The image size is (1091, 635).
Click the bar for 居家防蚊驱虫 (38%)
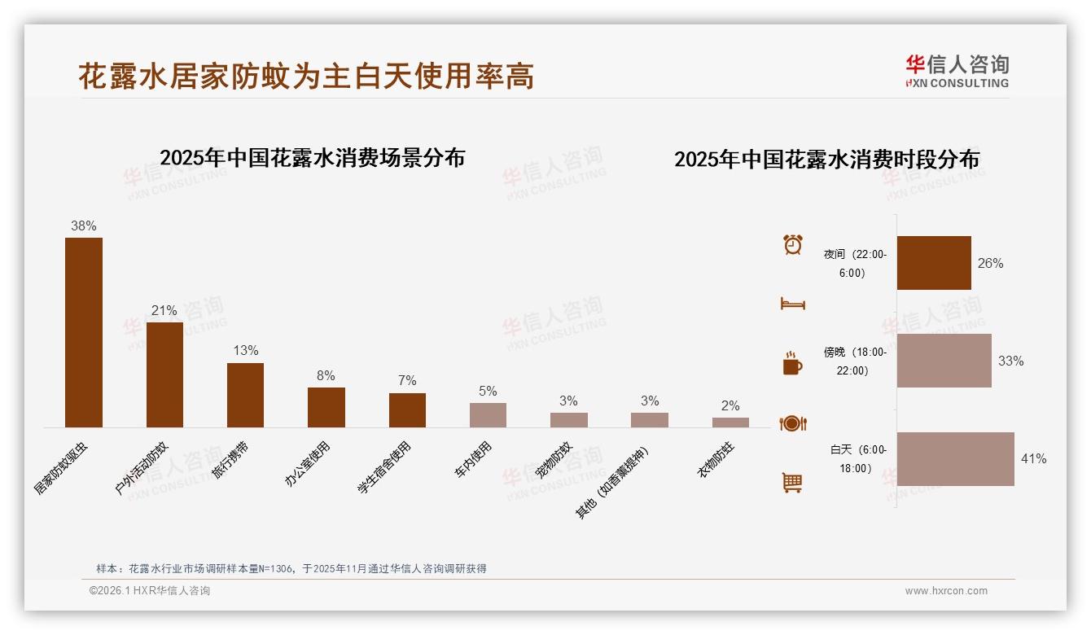(x=84, y=332)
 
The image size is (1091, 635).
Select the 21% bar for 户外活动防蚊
(x=164, y=374)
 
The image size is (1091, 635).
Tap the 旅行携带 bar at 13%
(x=245, y=395)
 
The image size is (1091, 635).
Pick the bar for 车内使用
(x=488, y=415)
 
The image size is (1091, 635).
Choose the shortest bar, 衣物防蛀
(x=730, y=423)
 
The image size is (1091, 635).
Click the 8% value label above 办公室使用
(x=326, y=375)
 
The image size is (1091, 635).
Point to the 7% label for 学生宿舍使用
(x=407, y=381)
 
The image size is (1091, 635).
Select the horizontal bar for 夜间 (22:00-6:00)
(x=934, y=263)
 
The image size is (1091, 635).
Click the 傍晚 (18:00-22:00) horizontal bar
(x=944, y=361)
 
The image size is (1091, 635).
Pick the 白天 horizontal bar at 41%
(x=955, y=459)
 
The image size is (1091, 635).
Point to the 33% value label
(x=1010, y=361)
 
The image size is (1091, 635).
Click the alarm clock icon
(x=792, y=244)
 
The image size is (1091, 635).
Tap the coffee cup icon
(x=792, y=364)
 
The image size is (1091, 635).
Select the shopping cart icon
(x=792, y=483)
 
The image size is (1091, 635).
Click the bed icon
(x=792, y=304)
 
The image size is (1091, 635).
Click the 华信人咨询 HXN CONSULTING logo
(x=957, y=72)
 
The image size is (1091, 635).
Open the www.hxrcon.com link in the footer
(x=946, y=591)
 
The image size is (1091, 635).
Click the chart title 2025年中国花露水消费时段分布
(x=826, y=159)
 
